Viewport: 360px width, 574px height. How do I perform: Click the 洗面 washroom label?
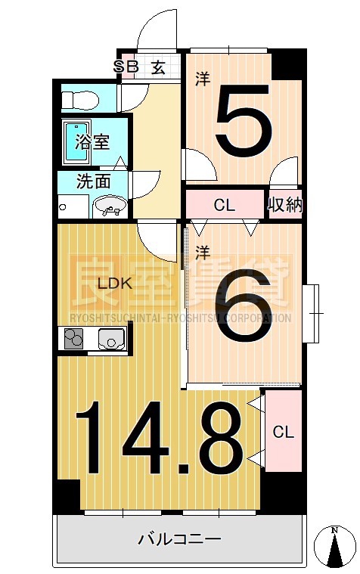coord(94,182)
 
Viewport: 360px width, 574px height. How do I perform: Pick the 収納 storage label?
coord(284,205)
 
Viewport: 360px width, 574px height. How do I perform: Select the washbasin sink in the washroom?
coord(109,205)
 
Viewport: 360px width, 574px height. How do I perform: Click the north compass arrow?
coord(335,546)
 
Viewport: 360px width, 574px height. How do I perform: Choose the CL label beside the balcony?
coord(284,433)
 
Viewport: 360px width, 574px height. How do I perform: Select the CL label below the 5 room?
coord(223,205)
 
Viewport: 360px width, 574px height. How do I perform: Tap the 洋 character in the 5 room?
coord(202,77)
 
